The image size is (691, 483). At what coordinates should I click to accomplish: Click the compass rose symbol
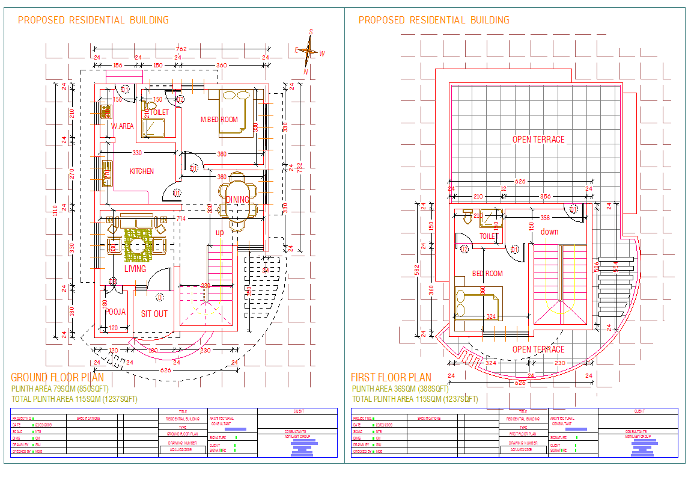click(308, 52)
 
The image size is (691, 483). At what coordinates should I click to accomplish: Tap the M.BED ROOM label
click(219, 120)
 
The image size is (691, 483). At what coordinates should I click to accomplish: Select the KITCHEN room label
click(142, 171)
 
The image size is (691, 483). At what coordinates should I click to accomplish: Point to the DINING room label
click(237, 200)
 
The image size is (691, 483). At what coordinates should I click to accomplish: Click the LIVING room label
click(135, 269)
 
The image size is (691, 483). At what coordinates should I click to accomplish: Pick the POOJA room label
click(115, 312)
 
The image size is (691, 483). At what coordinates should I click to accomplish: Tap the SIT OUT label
click(154, 314)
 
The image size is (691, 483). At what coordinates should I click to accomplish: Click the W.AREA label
click(123, 126)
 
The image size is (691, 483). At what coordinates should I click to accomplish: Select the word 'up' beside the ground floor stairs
click(220, 232)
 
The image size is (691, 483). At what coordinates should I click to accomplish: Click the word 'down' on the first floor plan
click(549, 232)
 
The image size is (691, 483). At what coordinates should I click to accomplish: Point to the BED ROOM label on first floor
click(487, 274)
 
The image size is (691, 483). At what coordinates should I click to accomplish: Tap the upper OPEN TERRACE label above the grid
click(538, 140)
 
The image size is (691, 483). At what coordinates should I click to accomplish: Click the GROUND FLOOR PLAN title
click(57, 378)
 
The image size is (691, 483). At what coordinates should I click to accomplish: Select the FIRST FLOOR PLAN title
click(391, 378)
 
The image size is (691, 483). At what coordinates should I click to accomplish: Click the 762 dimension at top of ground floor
click(181, 49)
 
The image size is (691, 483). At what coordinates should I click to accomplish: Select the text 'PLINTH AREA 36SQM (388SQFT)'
click(400, 389)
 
